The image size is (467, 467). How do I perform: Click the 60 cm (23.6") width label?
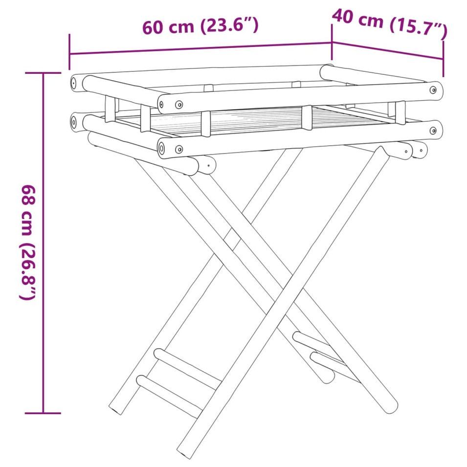pyautogui.click(x=200, y=26)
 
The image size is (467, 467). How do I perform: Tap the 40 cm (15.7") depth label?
pyautogui.click(x=390, y=23)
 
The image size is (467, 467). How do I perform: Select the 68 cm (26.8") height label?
pyautogui.click(x=28, y=242)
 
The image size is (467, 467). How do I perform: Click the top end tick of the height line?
pyautogui.click(x=43, y=73)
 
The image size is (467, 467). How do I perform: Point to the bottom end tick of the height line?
pyautogui.click(x=43, y=413)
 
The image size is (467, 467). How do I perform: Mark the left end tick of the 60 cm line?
pyautogui.click(x=69, y=52)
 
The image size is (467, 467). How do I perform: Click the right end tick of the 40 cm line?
pyautogui.click(x=444, y=59)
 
